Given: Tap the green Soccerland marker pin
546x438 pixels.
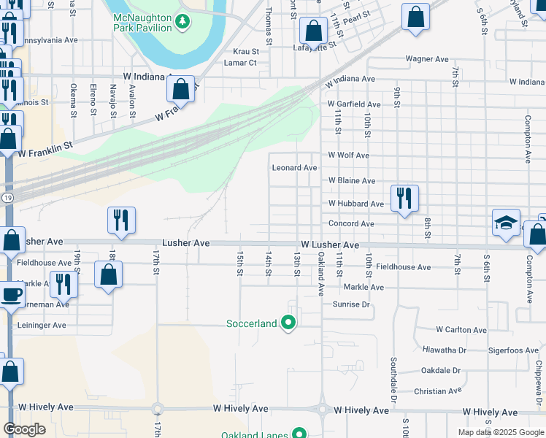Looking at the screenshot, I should click(289, 322).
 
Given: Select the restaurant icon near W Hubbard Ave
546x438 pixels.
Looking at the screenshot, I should click(404, 198).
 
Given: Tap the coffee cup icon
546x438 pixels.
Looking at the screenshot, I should click(11, 294).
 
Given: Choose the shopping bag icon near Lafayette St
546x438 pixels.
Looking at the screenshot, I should click(313, 31).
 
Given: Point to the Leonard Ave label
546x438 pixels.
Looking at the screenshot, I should click(294, 168).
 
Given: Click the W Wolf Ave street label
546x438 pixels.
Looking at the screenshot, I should click(348, 155).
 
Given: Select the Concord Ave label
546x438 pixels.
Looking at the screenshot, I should click(351, 224).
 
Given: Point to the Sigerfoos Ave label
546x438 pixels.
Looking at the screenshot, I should click(493, 351).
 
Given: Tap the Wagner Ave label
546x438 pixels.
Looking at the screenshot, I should click(427, 59).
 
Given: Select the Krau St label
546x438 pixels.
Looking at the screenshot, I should click(246, 52).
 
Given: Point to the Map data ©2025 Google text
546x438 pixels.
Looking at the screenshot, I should click(500, 432).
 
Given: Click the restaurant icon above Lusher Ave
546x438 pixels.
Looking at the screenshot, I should click(121, 220).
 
